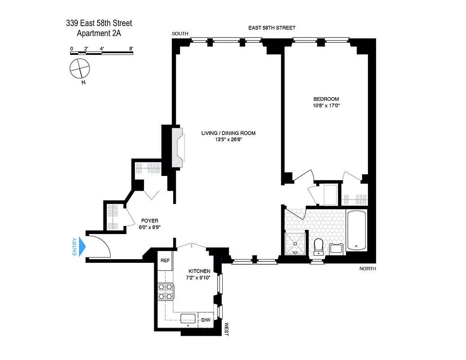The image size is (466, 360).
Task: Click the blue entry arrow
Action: point(82,246)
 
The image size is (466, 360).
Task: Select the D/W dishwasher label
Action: point(206,320)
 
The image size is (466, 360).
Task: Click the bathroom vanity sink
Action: point(336,248)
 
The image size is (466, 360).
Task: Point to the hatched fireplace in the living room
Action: point(179,147)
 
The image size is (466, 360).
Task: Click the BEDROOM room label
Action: point(326,99)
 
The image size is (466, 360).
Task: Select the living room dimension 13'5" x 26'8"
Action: point(228,139)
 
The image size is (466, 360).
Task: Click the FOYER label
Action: point(149,221)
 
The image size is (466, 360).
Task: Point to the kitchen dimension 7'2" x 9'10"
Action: point(199,278)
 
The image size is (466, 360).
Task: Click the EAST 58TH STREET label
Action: point(272,28)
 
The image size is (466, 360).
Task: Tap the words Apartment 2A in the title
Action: point(99,33)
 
